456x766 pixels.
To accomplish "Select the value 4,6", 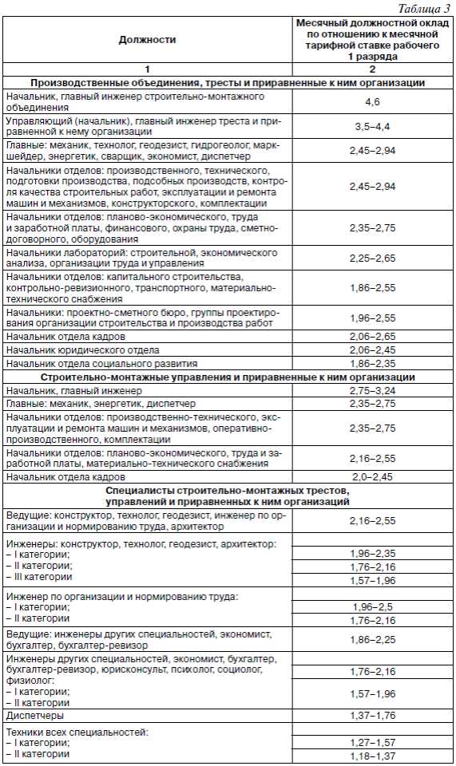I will click(x=373, y=101).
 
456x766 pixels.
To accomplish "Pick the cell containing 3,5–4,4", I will click(x=373, y=126).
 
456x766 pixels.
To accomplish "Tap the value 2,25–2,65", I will click(x=373, y=258).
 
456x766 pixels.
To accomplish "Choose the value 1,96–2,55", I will click(x=373, y=318).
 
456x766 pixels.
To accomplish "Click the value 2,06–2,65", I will click(x=373, y=337).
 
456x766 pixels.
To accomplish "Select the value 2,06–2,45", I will click(x=373, y=349).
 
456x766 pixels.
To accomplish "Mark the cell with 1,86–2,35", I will click(x=373, y=363).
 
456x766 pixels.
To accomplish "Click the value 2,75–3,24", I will click(x=373, y=391).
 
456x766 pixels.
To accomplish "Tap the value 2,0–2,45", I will click(x=373, y=477).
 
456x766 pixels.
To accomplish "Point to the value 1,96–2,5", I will click(x=373, y=607).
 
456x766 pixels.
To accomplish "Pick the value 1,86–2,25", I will click(x=373, y=640).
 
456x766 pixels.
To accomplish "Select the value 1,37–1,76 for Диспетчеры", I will click(x=373, y=714).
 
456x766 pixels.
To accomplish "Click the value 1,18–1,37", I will click(x=373, y=756).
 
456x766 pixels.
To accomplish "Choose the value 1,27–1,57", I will click(x=373, y=742).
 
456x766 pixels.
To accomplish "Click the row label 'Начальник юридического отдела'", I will click(x=82, y=350).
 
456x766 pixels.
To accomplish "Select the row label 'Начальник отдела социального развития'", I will click(x=101, y=363).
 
